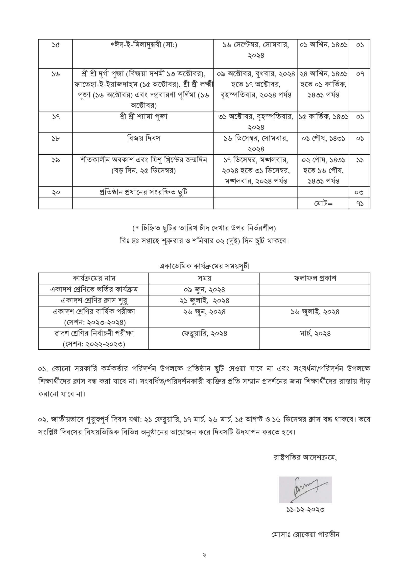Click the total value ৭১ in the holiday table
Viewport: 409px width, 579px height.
(360, 203)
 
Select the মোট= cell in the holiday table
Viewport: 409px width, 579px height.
(323, 203)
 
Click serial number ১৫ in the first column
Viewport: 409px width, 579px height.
(55, 45)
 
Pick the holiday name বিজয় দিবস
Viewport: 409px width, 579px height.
(144, 138)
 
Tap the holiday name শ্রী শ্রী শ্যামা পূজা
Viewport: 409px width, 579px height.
(144, 117)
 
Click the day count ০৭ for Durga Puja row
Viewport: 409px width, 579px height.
(360, 74)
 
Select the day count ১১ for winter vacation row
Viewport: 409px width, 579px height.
(360, 160)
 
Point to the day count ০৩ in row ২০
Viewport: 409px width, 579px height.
(360, 192)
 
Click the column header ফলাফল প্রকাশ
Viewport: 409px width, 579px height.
(315, 278)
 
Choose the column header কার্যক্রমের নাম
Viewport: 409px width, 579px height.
(94, 278)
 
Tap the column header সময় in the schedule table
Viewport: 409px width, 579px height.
(204, 278)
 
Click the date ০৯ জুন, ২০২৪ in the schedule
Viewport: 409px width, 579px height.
(204, 290)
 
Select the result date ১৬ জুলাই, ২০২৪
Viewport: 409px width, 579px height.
(315, 312)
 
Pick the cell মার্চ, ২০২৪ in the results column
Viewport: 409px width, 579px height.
(315, 333)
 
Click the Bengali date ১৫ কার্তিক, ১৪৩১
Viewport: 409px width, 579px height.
(323, 117)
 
